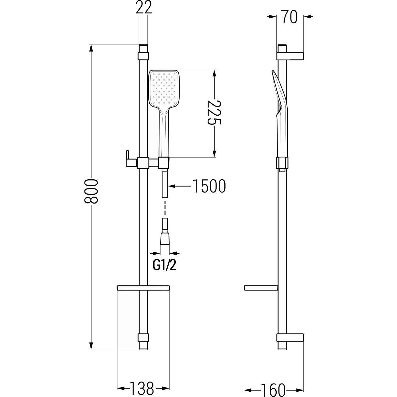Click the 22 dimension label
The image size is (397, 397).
(x=144, y=8)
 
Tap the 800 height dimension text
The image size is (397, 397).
(x=91, y=191)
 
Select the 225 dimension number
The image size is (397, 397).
(x=214, y=112)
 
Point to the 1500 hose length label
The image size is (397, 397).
(x=209, y=186)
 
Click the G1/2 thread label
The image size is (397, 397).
(x=164, y=266)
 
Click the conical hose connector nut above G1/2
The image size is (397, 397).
(x=164, y=239)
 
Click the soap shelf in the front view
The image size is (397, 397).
(x=143, y=288)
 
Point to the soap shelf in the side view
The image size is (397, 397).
(x=261, y=288)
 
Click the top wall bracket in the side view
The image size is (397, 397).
(x=290, y=56)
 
